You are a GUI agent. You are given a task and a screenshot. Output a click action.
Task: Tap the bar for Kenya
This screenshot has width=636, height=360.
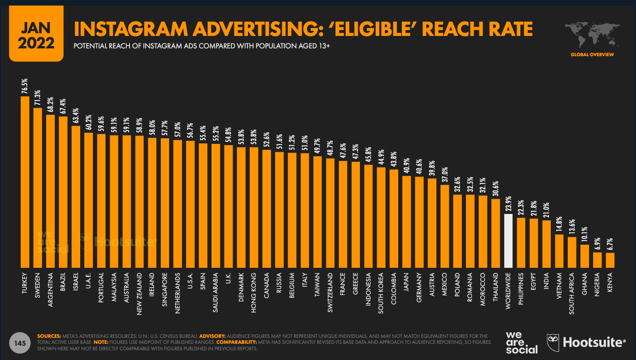coord(610,260)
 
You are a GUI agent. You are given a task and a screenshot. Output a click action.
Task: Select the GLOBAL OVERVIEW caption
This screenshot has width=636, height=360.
coord(592,55)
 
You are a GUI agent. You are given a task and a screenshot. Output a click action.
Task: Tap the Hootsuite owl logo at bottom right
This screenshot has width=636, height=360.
coord(553,342)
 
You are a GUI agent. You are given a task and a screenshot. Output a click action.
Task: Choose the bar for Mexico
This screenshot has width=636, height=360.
coord(445,226)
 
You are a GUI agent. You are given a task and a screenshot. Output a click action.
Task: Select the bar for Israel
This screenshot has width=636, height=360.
coord(76,196)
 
